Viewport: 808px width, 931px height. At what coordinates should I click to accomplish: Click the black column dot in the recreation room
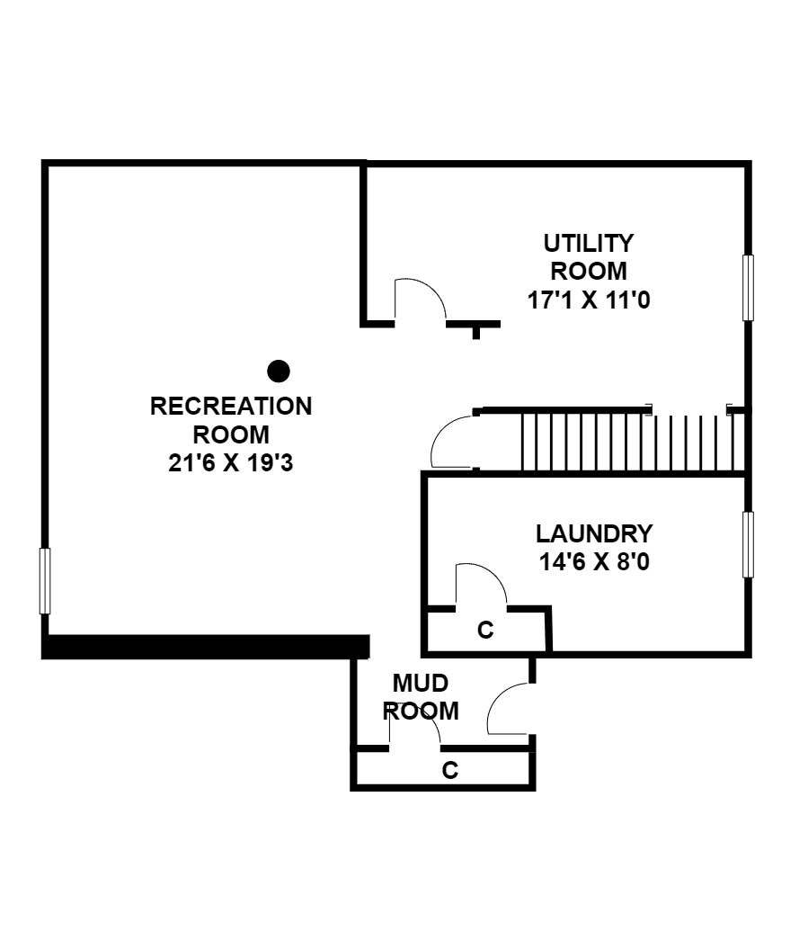[279, 372]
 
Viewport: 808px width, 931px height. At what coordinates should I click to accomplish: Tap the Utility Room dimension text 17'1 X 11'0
[589, 300]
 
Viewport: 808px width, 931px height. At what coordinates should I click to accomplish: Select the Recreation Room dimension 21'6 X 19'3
[231, 462]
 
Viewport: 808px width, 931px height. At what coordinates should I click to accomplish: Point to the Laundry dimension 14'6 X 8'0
[594, 561]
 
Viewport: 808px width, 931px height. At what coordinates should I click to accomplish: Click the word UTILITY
[589, 244]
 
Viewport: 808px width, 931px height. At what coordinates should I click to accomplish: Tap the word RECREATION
[231, 406]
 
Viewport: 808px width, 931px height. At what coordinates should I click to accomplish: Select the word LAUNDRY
[594, 533]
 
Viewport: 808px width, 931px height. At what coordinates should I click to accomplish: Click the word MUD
[420, 683]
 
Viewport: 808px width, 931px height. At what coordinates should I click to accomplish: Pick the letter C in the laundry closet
[485, 630]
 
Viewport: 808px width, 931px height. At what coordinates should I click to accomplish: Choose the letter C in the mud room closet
[449, 770]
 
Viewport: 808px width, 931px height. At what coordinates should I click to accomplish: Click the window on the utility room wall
[748, 288]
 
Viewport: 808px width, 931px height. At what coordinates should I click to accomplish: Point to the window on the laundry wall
[748, 544]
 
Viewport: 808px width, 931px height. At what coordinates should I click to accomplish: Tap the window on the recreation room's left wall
[45, 581]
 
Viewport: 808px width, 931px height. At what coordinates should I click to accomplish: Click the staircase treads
[633, 443]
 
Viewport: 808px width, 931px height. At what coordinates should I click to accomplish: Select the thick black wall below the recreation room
[206, 647]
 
